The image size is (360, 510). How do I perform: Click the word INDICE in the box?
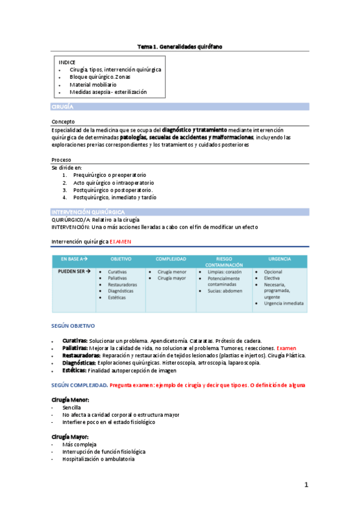click(67, 63)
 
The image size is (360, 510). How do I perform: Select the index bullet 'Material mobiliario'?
click(93, 85)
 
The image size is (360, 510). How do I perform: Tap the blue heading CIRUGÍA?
click(63, 106)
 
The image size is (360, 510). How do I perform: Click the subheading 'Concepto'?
click(64, 121)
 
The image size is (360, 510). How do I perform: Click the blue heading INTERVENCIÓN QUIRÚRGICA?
click(88, 212)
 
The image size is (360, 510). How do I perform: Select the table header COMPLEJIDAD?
click(171, 259)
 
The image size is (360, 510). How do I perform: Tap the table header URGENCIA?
click(281, 259)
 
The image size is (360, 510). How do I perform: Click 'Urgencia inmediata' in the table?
click(284, 303)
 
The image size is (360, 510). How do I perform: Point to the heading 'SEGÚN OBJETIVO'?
click(73, 326)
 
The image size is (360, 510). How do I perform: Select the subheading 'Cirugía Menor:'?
click(70, 399)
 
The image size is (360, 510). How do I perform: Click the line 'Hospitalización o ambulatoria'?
click(98, 459)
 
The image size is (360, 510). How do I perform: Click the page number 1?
click(306, 484)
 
